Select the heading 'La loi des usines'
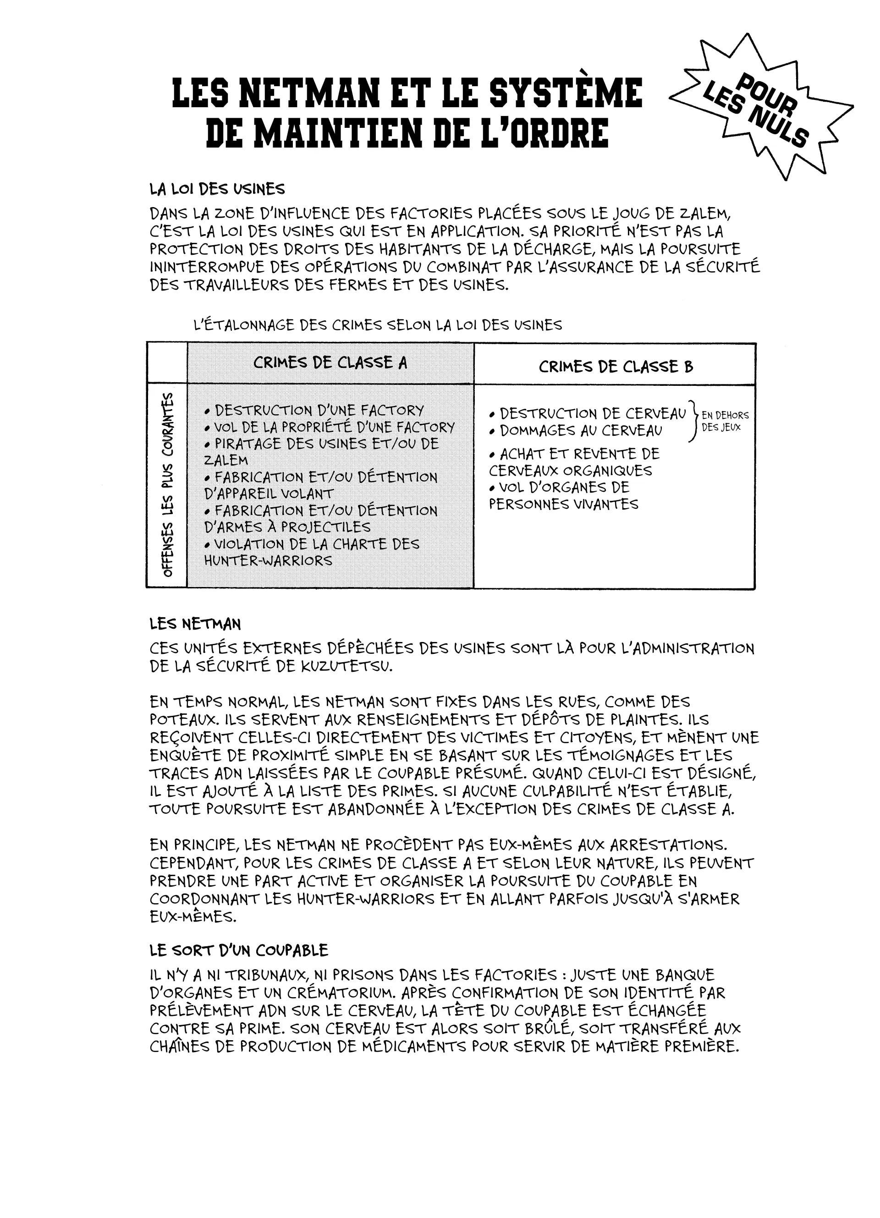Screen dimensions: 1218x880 217,189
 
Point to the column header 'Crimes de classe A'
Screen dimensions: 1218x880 330,362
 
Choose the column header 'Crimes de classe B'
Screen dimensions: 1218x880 616,367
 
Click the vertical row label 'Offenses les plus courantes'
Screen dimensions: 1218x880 168,485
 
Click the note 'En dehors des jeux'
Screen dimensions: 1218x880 724,421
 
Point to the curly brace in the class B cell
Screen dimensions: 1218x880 693,422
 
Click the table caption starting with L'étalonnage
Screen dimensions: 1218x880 377,325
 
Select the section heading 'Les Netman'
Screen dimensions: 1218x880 195,624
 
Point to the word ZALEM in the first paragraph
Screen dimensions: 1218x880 705,214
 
